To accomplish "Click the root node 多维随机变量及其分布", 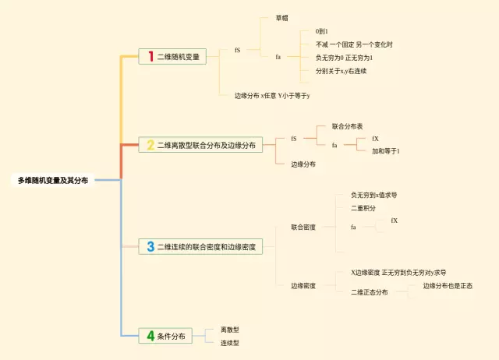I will point(53,180).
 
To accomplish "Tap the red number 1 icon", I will point(150,56).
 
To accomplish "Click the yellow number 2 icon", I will point(150,145).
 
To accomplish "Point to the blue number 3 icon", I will point(150,246).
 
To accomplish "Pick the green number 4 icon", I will point(150,336).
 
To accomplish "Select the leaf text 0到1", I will point(322,31).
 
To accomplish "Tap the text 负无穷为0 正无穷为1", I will point(344,58).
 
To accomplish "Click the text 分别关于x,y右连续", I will point(341,71).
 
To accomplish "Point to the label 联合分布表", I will point(348,125).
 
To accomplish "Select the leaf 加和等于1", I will point(386,151).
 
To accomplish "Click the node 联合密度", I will point(303,227).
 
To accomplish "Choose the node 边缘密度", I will point(303,286).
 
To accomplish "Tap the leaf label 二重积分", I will point(363,209).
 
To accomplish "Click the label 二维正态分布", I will point(369,292).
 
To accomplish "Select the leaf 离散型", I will point(229,330).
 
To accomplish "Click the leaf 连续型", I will point(229,342).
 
